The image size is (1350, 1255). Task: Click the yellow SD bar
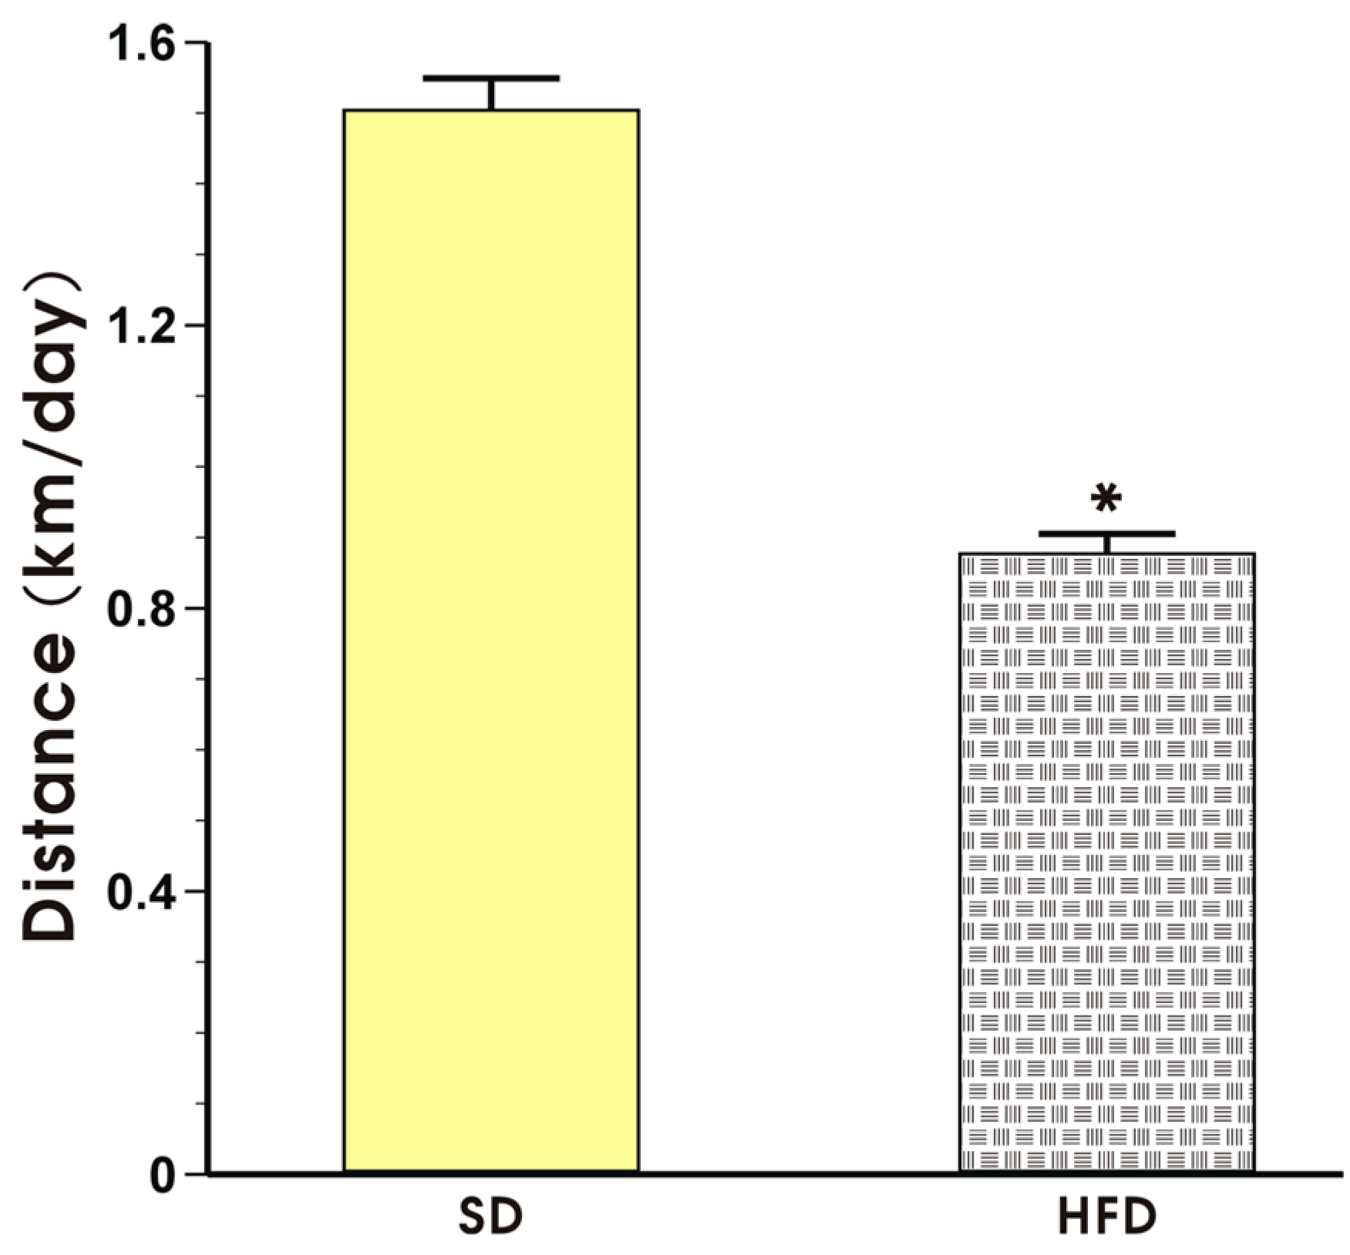490,640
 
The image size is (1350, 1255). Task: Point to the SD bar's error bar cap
490,78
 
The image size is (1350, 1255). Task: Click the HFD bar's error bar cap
1106,533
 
